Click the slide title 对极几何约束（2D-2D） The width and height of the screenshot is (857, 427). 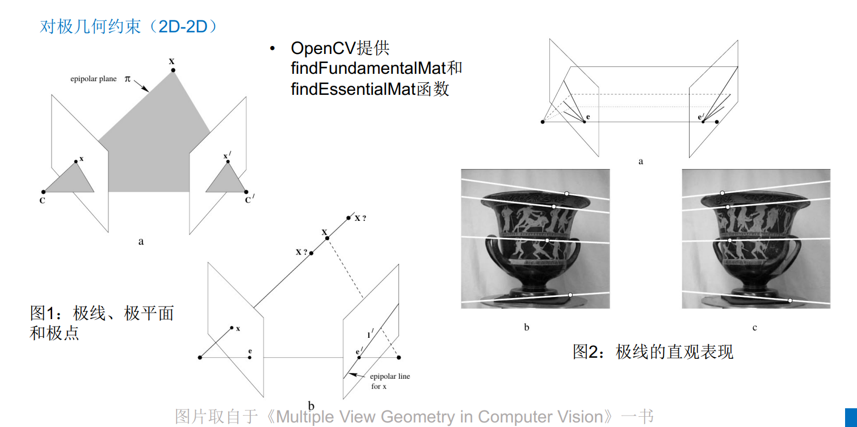(128, 27)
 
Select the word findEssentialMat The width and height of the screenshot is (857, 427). (353, 89)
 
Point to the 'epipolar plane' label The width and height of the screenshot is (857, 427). (94, 79)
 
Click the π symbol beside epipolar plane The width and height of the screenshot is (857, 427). (128, 79)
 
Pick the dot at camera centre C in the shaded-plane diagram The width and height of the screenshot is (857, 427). (43, 192)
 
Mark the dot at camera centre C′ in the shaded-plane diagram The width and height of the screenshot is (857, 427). (245, 192)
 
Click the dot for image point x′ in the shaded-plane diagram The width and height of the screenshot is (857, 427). (228, 162)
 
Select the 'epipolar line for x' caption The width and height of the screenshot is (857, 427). (389, 381)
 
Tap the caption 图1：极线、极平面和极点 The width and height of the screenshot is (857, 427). (102, 322)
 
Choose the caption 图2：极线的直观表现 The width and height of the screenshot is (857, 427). (653, 351)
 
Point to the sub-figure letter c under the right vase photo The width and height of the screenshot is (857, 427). (754, 328)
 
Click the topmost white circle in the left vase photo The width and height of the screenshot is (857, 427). (566, 194)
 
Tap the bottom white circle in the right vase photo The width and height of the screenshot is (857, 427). (789, 300)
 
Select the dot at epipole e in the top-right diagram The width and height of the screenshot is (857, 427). (584, 122)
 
